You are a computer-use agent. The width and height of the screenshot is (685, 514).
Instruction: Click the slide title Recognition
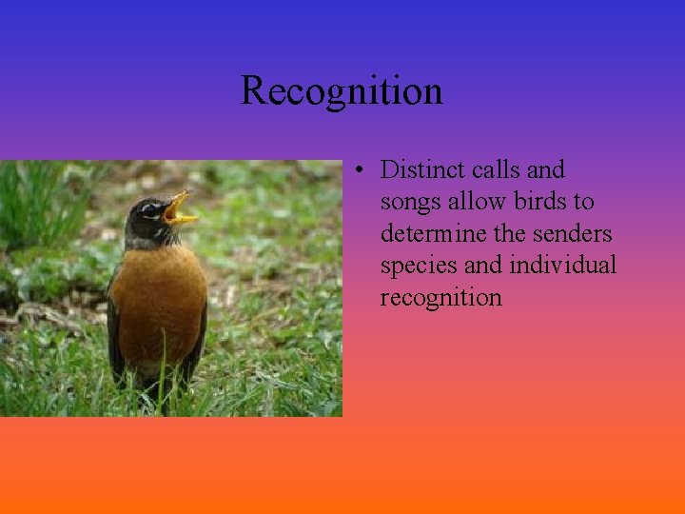(342, 91)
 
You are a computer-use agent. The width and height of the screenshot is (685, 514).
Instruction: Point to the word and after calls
(545, 170)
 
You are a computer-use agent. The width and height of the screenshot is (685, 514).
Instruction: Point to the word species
(413, 266)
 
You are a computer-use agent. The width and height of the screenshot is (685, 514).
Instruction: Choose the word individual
(563, 265)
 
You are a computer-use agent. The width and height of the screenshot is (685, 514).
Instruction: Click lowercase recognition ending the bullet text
(440, 297)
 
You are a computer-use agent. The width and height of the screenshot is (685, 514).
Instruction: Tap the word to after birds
(583, 203)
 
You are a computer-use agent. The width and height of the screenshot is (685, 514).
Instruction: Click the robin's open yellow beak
(180, 210)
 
